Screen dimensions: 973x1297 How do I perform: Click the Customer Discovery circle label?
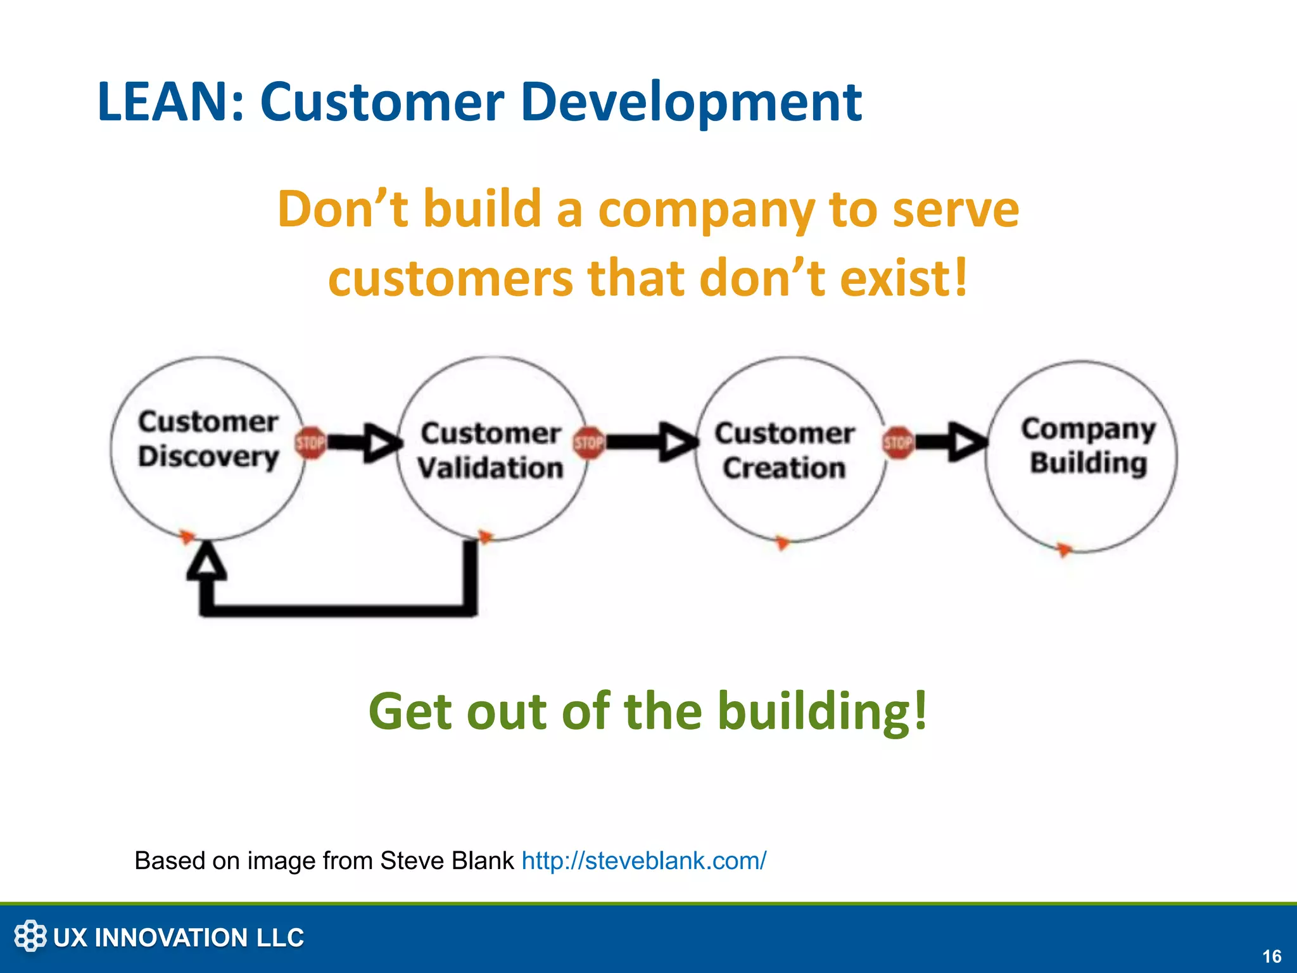tap(208, 439)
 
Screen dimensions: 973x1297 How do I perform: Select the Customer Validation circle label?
tap(491, 450)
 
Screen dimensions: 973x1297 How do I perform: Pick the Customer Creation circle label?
tap(785, 450)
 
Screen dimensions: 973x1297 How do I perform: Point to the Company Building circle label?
tap(1088, 446)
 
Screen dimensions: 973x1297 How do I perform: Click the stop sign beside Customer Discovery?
tap(310, 442)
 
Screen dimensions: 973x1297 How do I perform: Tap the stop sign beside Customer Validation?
tap(588, 442)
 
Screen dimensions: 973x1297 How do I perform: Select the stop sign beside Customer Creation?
tap(898, 442)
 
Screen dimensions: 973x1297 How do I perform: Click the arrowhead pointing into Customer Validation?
tap(383, 442)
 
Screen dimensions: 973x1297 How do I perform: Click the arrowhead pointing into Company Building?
tap(967, 442)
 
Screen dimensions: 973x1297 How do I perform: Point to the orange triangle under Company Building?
tap(1065, 549)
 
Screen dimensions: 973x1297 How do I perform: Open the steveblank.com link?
tap(643, 861)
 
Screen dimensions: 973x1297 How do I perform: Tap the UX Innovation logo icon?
tap(30, 936)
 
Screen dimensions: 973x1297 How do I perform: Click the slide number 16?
tap(1271, 956)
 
